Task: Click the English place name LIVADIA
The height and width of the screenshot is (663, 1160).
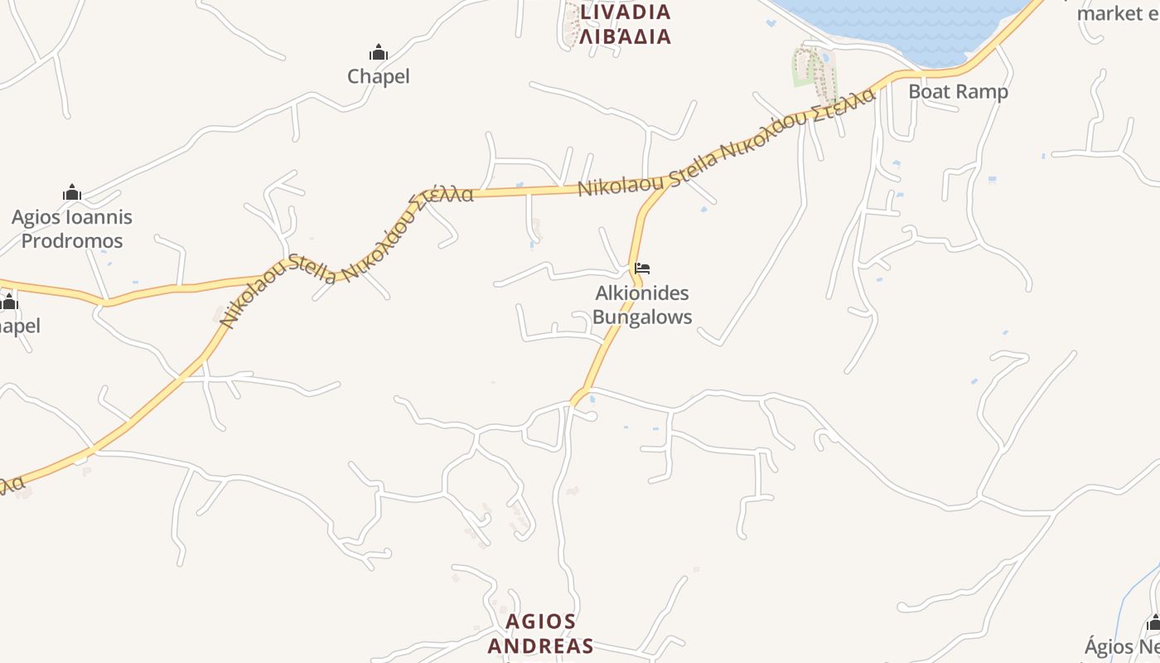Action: tap(626, 12)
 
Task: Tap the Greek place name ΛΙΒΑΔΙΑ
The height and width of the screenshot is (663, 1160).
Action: tap(626, 36)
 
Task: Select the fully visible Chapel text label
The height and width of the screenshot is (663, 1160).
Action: tap(379, 76)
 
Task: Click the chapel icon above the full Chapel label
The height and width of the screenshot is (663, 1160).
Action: tap(379, 53)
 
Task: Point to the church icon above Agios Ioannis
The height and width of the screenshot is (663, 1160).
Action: tap(72, 194)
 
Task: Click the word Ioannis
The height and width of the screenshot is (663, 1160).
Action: tap(101, 217)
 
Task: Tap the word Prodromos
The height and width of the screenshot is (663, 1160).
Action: tap(72, 241)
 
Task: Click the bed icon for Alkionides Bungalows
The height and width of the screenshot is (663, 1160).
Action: tap(642, 269)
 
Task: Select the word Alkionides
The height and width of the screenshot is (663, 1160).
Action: tap(642, 293)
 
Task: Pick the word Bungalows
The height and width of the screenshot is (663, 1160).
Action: tap(642, 317)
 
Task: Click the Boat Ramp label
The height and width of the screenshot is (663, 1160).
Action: tap(958, 91)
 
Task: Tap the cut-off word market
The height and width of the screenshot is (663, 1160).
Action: tap(1110, 13)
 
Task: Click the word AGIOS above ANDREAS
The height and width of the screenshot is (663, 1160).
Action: tap(541, 622)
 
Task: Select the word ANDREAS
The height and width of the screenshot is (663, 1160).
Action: tap(541, 646)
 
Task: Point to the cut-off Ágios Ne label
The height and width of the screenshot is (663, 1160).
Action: tap(1122, 646)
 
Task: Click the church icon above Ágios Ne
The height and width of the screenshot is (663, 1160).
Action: tap(1153, 623)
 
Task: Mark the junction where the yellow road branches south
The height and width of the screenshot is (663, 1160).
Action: tap(668, 186)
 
